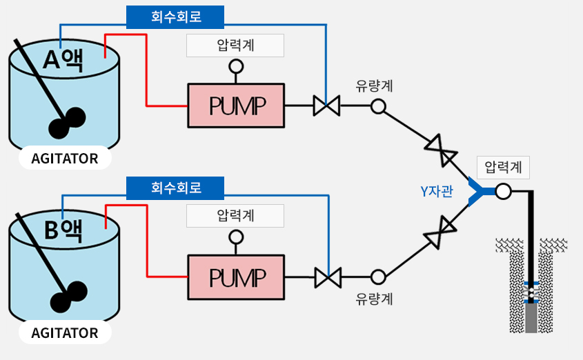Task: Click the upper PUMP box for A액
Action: (236, 106)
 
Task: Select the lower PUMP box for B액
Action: (236, 277)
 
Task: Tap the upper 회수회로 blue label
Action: (175, 17)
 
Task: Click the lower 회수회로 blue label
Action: (175, 188)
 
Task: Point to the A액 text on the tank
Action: (63, 59)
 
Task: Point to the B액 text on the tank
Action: (63, 230)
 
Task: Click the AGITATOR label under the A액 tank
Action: (65, 159)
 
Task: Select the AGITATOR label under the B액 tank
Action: (65, 333)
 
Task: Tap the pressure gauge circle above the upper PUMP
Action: (236, 67)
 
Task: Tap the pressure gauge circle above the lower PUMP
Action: (236, 237)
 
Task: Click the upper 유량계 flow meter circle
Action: (378, 106)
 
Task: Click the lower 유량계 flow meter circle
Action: (378, 277)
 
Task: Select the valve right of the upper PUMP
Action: (326, 106)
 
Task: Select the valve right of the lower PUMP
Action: (328, 277)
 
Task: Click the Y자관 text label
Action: (437, 191)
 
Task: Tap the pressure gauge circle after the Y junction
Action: (503, 192)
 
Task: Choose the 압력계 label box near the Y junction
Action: (503, 168)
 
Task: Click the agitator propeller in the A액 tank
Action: (68, 123)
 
